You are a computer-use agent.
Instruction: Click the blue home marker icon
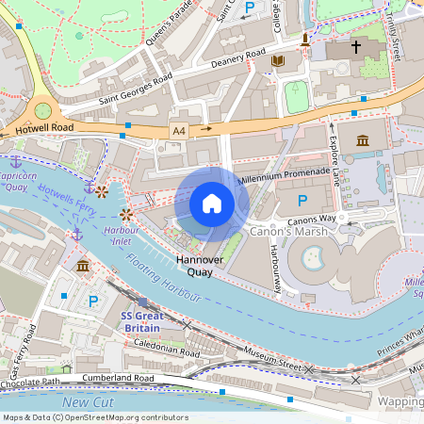click(x=212, y=204)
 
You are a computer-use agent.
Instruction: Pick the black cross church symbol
click(x=356, y=45)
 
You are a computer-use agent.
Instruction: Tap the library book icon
click(x=277, y=61)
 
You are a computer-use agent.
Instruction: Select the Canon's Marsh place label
click(x=286, y=230)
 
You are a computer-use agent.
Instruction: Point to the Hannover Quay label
click(x=199, y=265)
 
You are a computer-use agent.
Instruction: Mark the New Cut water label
click(x=87, y=402)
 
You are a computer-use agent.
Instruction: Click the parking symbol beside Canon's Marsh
click(x=302, y=201)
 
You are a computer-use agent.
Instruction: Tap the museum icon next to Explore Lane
click(x=363, y=141)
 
